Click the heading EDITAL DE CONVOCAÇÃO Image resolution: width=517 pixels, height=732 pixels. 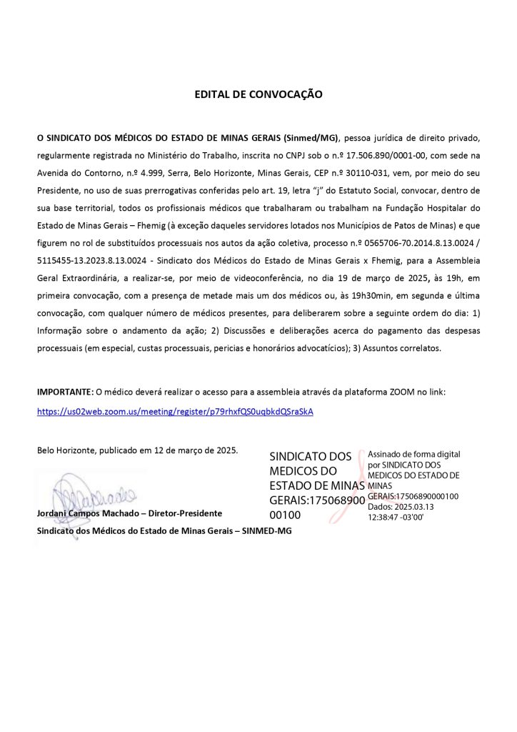(x=258, y=94)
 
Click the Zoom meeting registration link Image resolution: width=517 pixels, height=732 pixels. (x=175, y=412)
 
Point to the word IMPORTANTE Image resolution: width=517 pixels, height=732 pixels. (x=65, y=392)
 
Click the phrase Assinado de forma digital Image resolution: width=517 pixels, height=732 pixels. (x=413, y=454)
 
